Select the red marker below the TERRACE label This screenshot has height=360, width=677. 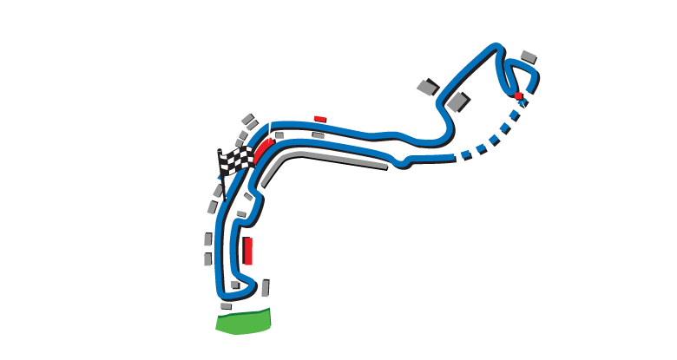319,119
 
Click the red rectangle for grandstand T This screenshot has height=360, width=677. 248,251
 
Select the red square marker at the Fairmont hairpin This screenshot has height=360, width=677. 518,95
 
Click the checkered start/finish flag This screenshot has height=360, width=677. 234,161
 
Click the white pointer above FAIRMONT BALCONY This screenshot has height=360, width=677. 528,113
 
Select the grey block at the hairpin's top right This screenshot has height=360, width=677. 529,56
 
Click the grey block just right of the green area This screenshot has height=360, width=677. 265,288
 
